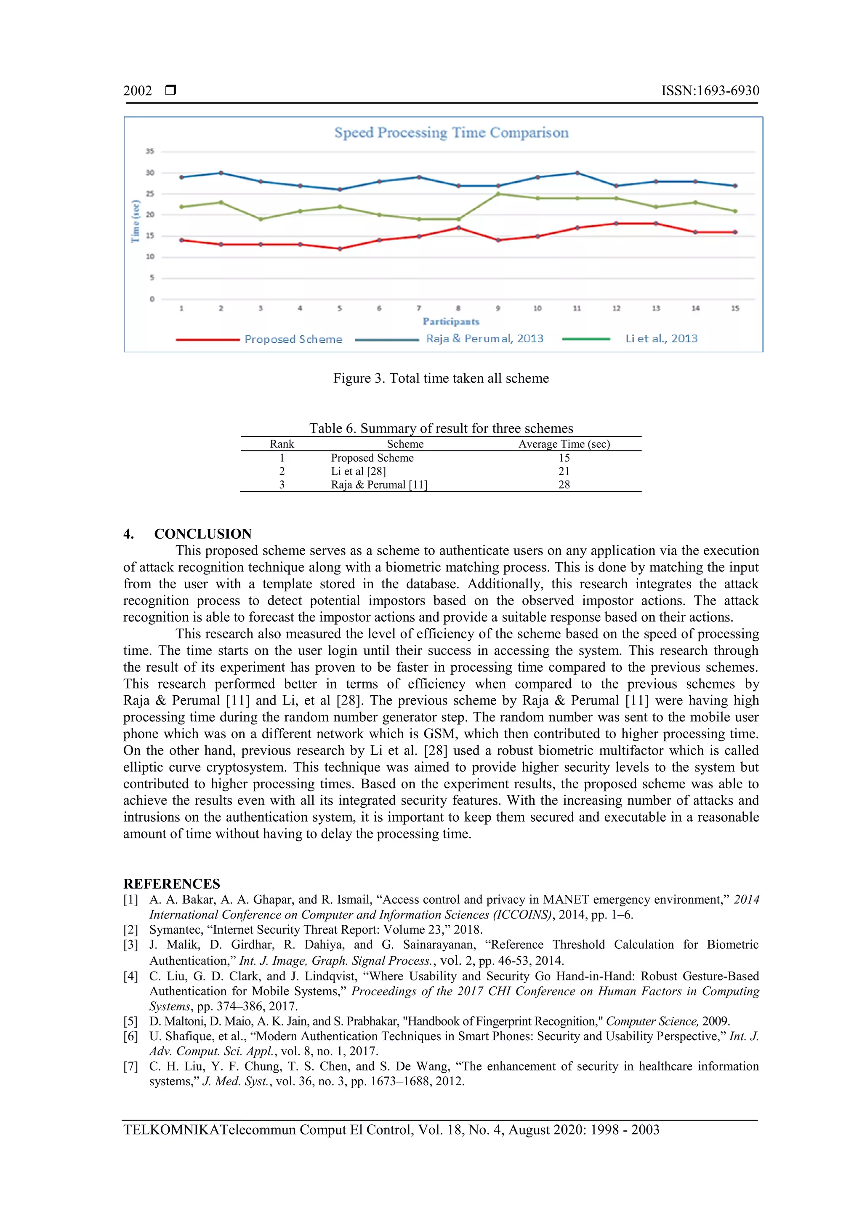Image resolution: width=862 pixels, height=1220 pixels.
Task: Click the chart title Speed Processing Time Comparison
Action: tap(451, 132)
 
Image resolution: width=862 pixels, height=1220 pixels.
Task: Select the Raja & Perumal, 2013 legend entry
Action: tap(484, 339)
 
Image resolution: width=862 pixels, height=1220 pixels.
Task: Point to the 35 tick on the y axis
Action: tap(150, 152)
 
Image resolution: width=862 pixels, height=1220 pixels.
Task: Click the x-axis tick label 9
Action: tap(498, 308)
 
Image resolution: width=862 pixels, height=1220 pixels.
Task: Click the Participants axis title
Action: tap(451, 321)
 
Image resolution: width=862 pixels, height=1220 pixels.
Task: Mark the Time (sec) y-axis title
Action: tap(136, 221)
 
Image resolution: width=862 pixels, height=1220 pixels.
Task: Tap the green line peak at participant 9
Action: tap(498, 194)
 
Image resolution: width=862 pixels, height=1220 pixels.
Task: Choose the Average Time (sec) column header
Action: tap(564, 444)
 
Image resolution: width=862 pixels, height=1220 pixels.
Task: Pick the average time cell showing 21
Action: tap(564, 471)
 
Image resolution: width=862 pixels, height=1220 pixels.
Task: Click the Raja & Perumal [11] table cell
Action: tap(379, 485)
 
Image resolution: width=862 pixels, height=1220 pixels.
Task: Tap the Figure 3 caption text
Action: tap(441, 378)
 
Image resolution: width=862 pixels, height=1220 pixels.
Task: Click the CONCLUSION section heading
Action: tap(202, 534)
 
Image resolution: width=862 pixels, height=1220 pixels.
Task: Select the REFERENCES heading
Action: tap(172, 884)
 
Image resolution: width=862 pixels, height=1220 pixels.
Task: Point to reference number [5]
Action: tap(130, 1021)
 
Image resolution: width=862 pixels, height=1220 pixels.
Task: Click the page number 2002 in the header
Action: tap(138, 91)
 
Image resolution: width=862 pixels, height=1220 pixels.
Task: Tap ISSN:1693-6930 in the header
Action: tap(710, 91)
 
